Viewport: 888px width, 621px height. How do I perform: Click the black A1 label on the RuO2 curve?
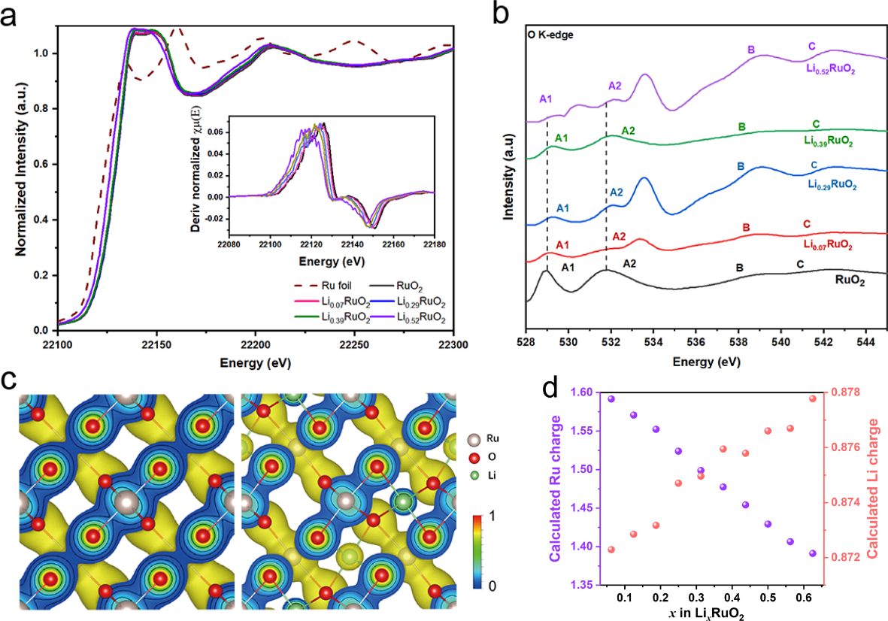pyautogui.click(x=568, y=268)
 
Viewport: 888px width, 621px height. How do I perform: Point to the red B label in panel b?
pyautogui.click(x=746, y=227)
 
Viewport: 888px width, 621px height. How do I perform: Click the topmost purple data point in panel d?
pyautogui.click(x=611, y=398)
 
